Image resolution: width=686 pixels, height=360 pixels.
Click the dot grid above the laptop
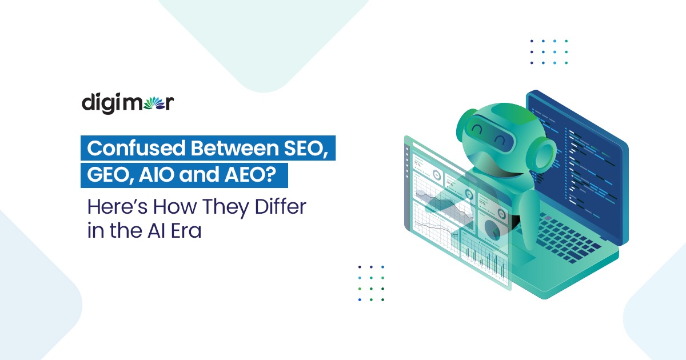click(x=548, y=52)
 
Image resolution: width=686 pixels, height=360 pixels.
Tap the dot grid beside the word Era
click(x=371, y=283)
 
